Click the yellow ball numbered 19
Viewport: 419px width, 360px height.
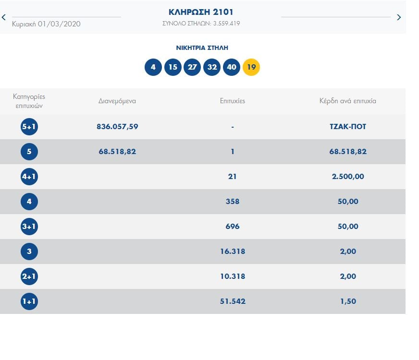251,67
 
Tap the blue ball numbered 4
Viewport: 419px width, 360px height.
153,67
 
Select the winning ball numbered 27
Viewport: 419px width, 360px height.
192,67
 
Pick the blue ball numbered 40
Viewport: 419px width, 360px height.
232,67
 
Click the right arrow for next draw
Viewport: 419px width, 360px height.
399,17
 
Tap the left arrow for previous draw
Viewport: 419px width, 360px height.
4,17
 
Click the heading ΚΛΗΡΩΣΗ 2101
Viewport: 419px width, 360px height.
201,12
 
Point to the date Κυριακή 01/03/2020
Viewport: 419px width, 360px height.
46,24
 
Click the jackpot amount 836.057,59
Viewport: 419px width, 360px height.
117,127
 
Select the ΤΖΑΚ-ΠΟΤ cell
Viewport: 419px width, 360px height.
348,127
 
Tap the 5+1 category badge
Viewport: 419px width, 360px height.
29,127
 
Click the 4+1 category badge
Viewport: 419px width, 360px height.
29,177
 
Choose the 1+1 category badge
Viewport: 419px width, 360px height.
29,301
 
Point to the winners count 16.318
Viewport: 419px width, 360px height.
232,252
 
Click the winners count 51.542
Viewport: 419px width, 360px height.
232,301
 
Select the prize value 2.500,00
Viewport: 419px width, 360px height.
348,177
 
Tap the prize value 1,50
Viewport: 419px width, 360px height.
348,301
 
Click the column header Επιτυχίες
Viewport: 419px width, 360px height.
233,101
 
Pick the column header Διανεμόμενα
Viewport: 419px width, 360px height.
117,101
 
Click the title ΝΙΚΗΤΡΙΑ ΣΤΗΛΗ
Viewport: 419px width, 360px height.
202,48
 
